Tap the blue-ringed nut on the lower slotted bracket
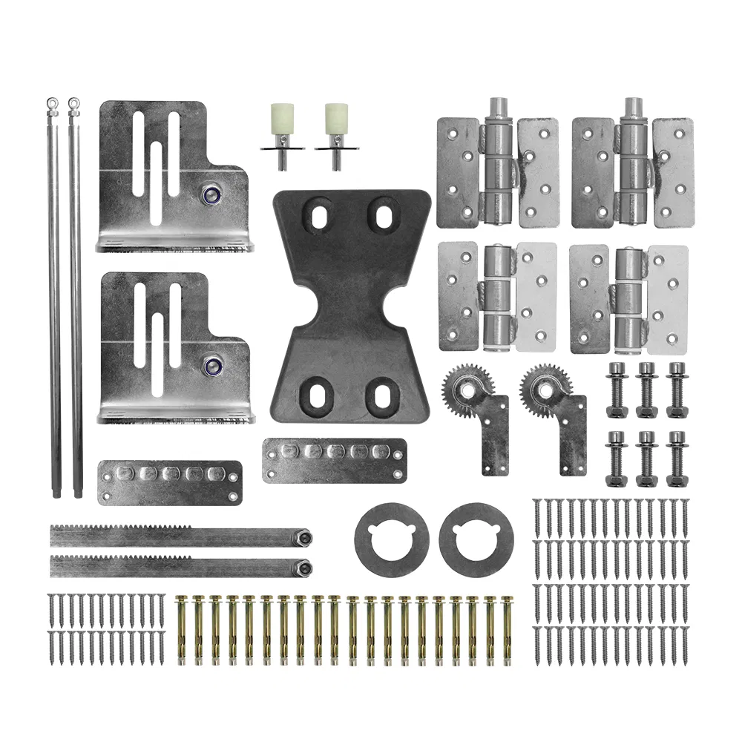[214, 365]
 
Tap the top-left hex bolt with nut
[617, 389]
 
